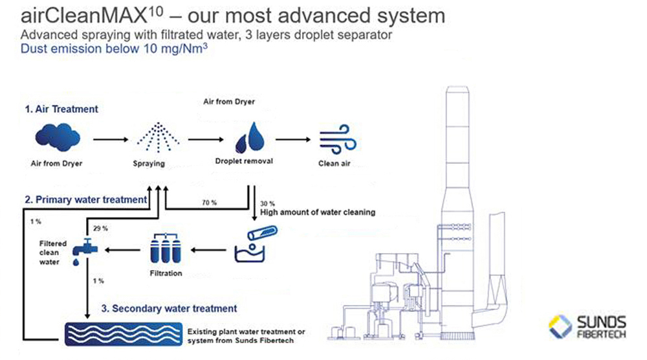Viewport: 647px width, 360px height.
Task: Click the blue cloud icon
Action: [58, 138]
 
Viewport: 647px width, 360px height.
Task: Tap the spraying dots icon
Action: [158, 137]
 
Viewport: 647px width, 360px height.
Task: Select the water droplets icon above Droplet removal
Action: [250, 137]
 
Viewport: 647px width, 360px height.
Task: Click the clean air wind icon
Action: [338, 139]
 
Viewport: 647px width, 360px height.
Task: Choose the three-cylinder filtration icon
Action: [166, 249]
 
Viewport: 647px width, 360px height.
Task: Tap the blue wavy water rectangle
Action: [124, 333]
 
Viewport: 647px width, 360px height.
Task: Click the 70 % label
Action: [209, 203]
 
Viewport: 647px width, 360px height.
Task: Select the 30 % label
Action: [267, 203]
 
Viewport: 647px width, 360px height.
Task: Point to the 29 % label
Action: [100, 229]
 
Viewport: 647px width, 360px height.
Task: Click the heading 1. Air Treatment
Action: [61, 109]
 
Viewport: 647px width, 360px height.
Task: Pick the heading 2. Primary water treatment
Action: [86, 200]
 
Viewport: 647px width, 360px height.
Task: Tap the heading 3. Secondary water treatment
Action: [169, 308]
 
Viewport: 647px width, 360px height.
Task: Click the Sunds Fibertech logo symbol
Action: [560, 326]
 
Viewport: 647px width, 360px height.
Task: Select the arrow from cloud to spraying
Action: [111, 140]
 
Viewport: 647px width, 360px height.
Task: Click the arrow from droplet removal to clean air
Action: [293, 140]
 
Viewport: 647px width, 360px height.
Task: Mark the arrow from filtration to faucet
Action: [122, 250]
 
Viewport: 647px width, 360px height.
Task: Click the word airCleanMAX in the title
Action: [83, 16]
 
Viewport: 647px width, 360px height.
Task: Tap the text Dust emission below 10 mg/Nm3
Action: [114, 49]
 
